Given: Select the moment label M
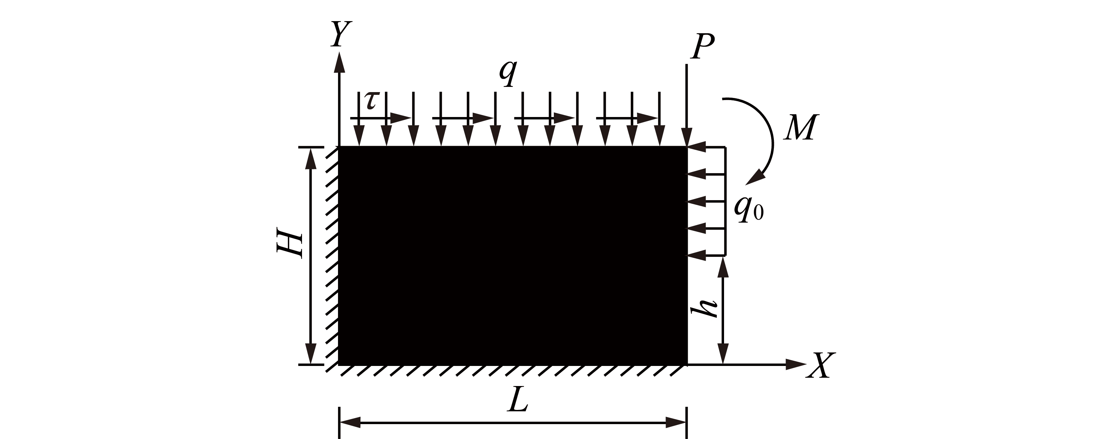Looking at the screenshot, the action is point(800,128).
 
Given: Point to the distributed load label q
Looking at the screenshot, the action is point(507,73).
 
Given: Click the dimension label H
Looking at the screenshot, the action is point(290,246).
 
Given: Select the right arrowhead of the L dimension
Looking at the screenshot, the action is point(676,423).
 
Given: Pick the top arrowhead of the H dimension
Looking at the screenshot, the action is point(310,158).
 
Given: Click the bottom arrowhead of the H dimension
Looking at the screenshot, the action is point(310,354).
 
